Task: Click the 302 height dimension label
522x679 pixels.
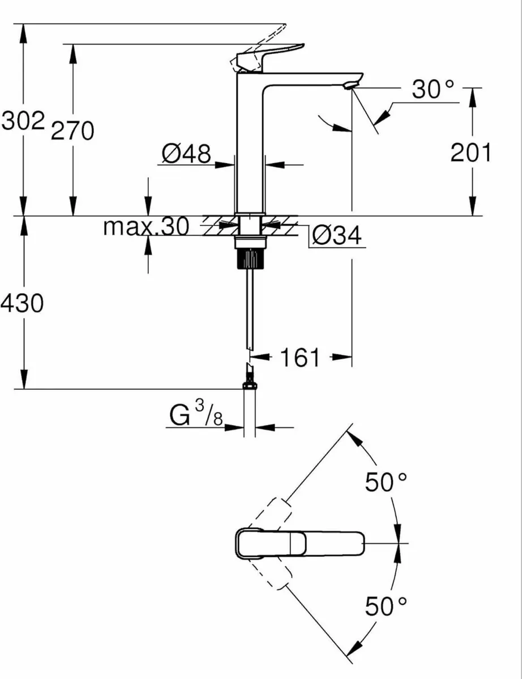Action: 23,121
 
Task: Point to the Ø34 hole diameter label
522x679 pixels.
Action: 337,236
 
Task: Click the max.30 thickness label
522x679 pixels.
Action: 146,227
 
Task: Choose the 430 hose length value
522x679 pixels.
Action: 22,304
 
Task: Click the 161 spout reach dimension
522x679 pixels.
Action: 301,358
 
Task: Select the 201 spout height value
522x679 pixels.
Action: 470,152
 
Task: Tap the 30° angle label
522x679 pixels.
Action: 433,90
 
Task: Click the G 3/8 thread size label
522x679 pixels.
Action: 196,417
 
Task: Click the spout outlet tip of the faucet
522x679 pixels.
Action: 352,85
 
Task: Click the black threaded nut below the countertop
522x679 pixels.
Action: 249,259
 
